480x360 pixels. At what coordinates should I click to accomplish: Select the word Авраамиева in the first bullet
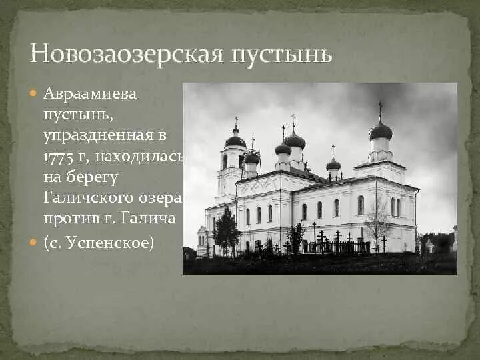tap(91, 94)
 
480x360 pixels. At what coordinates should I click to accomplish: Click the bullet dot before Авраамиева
tap(35, 94)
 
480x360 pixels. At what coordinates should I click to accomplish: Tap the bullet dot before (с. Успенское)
tap(35, 243)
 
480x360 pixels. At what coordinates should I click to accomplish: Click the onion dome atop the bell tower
tap(235, 140)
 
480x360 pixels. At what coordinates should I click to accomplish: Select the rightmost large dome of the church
tap(380, 131)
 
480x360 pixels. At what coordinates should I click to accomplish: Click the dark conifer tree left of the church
tap(226, 230)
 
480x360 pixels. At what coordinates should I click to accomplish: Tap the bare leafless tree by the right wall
tap(377, 223)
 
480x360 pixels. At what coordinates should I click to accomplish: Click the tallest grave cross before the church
tap(313, 233)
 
